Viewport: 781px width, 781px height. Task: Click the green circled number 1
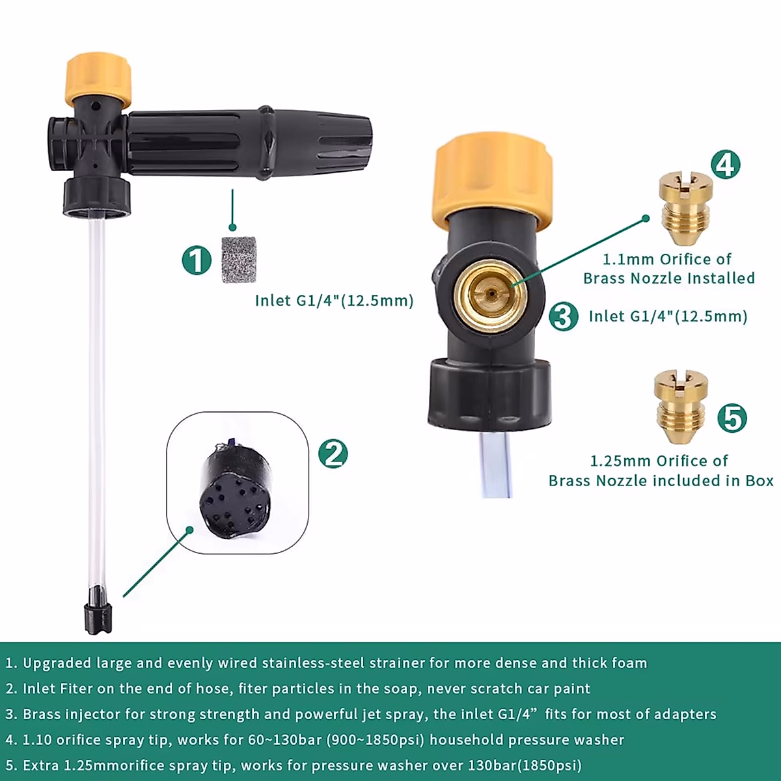pyautogui.click(x=197, y=260)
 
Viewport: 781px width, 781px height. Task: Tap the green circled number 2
pyautogui.click(x=333, y=453)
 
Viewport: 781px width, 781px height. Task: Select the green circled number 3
pyautogui.click(x=563, y=316)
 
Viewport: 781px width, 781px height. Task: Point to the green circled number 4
pyautogui.click(x=725, y=164)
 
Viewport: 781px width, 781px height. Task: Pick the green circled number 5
pyautogui.click(x=732, y=417)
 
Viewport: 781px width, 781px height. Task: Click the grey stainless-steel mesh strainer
pyautogui.click(x=240, y=260)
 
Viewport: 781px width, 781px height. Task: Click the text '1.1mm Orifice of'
pyautogui.click(x=666, y=259)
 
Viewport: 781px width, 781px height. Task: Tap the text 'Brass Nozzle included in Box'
pyautogui.click(x=661, y=481)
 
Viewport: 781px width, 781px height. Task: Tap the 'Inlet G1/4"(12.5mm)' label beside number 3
pyautogui.click(x=668, y=316)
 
